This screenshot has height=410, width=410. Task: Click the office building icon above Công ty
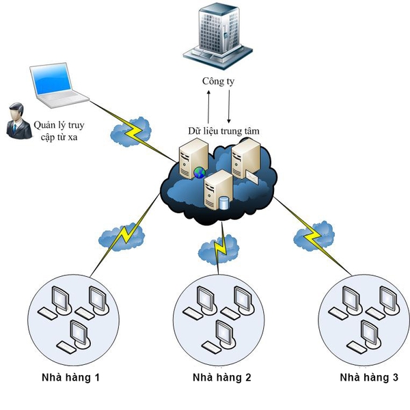click(217, 36)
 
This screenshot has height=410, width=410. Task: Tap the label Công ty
click(218, 81)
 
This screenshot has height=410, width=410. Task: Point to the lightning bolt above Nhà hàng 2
click(220, 249)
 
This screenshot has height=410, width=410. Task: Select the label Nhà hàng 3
click(370, 377)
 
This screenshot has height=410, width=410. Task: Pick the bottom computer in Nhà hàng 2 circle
click(220, 336)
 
